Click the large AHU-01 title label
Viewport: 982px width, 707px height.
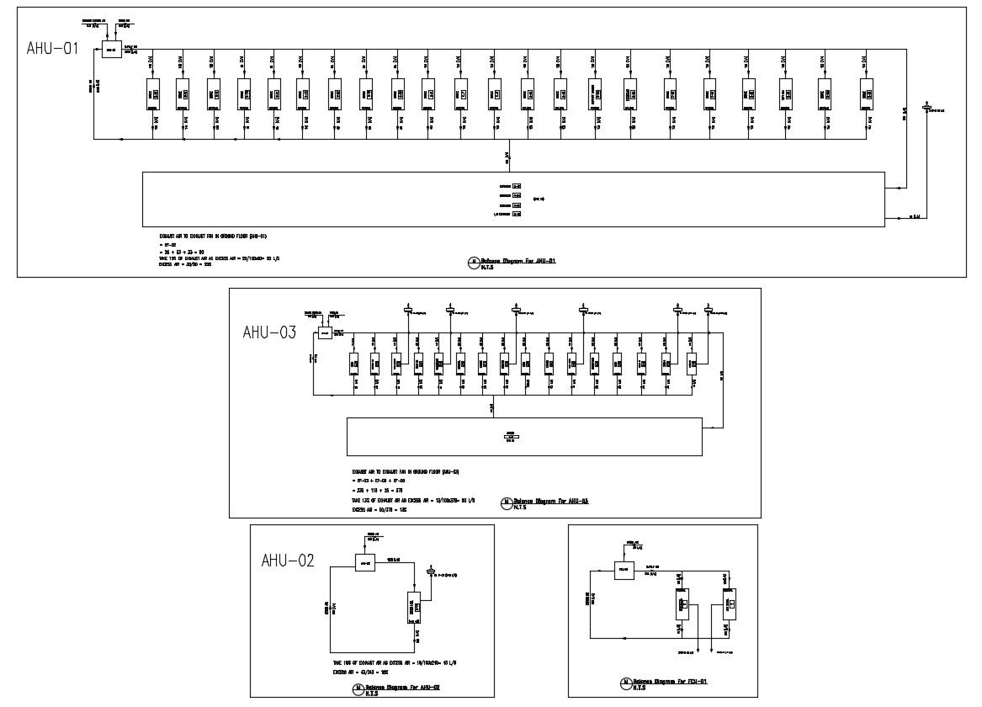click(52, 49)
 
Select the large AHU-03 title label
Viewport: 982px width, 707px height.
click(269, 332)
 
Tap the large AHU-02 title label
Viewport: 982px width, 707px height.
click(288, 561)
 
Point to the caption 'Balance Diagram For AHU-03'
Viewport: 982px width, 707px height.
click(550, 501)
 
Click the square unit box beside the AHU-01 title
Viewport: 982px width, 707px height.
click(111, 50)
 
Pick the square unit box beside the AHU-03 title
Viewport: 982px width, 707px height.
click(325, 333)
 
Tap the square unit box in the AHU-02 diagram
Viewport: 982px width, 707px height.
click(364, 562)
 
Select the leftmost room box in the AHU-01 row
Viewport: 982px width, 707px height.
click(154, 94)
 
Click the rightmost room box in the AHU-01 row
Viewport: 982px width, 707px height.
click(866, 94)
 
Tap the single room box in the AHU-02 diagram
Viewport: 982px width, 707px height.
click(414, 605)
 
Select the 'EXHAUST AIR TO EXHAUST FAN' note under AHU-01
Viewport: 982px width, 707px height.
click(214, 237)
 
